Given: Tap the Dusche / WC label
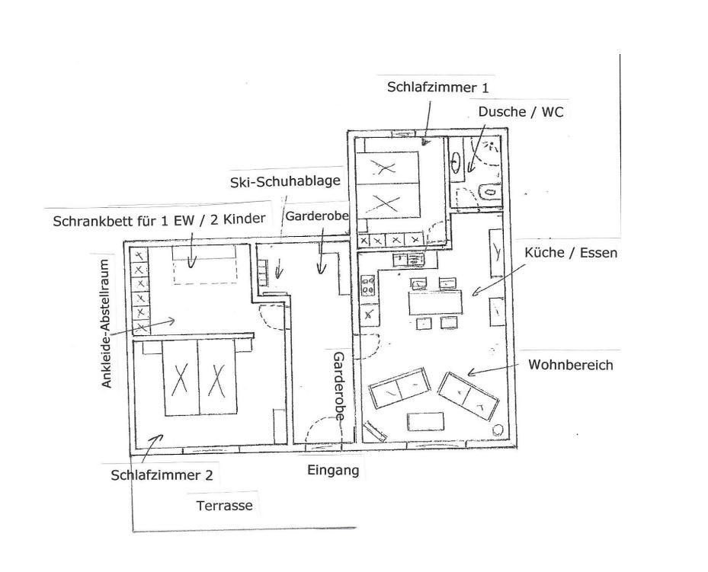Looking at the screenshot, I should click(521, 111).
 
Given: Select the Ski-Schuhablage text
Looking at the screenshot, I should click(284, 182).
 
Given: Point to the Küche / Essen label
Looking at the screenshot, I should click(571, 253).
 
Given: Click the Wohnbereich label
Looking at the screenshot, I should click(570, 365).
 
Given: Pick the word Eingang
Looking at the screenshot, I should click(333, 470).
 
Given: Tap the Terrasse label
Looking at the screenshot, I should click(224, 505).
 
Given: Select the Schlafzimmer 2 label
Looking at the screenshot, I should click(162, 475).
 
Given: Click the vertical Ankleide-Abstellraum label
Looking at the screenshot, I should click(107, 323).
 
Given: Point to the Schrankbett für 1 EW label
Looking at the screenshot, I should click(159, 220).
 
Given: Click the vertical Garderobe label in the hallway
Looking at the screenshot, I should click(338, 385).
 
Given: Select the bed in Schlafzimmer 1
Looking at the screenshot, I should click(389, 185).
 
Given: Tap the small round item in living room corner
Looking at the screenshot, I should click(499, 430).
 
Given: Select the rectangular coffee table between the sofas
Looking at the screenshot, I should click(425, 422).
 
